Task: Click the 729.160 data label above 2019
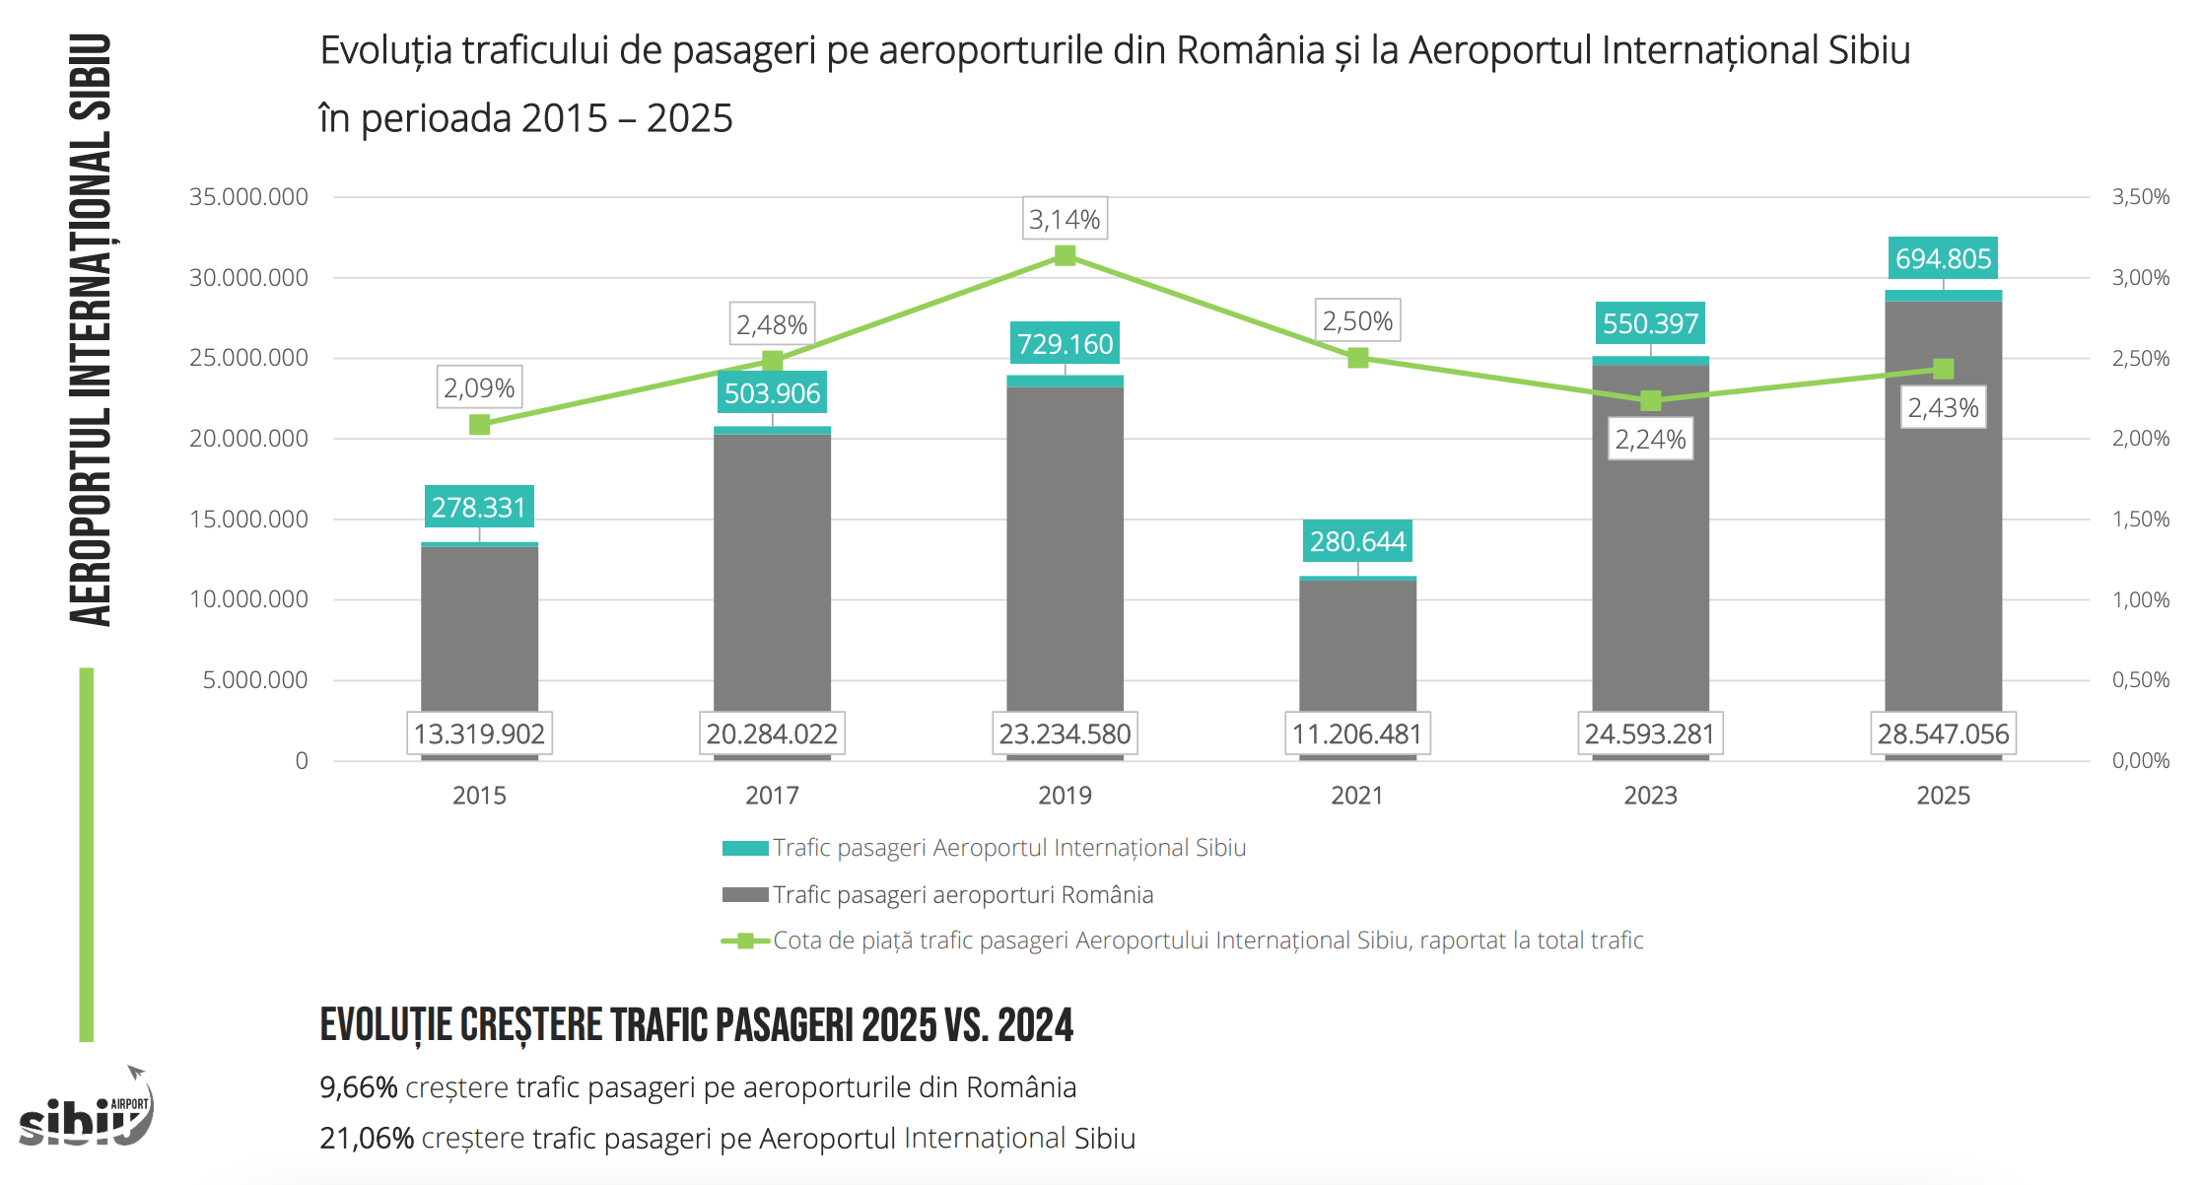click(x=1065, y=344)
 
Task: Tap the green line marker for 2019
click(x=1065, y=256)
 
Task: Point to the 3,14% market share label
click(x=1065, y=220)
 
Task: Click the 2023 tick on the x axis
click(x=1650, y=796)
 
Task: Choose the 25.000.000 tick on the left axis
click(x=248, y=358)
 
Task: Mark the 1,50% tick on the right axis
click(x=2140, y=520)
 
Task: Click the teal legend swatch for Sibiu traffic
click(x=744, y=849)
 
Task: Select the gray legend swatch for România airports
click(x=744, y=895)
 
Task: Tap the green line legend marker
click(x=746, y=941)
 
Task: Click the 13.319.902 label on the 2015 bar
click(x=479, y=734)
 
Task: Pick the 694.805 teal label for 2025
click(x=1943, y=259)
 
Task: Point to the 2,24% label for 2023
click(x=1650, y=440)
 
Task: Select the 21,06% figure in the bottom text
click(x=367, y=1139)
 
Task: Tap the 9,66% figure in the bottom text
click(x=359, y=1087)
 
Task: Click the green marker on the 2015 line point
click(x=480, y=425)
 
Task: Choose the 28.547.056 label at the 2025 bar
click(x=1943, y=734)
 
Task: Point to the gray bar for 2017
click(x=772, y=572)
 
